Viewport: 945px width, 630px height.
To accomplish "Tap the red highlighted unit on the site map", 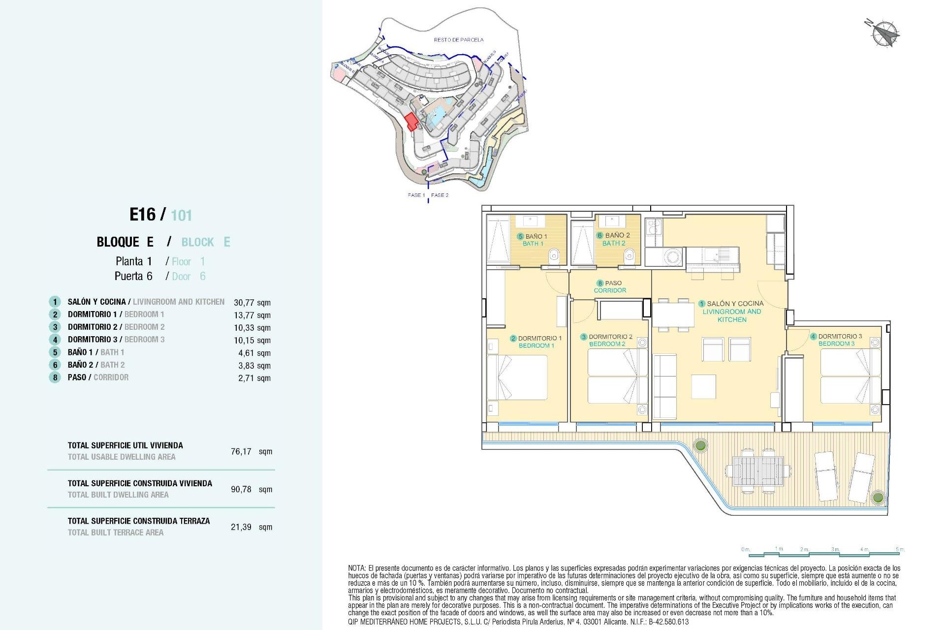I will (x=411, y=121).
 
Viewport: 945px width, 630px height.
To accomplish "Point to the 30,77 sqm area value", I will (x=252, y=303).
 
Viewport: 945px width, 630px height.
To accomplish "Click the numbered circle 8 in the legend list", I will (x=55, y=378).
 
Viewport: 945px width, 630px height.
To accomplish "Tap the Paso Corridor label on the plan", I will (x=610, y=286).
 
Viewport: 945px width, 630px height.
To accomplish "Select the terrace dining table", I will (x=757, y=471).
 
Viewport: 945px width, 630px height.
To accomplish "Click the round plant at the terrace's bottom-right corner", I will (x=878, y=497).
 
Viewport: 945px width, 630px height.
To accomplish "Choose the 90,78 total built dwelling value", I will (x=241, y=489).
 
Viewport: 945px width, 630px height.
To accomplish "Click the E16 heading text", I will (x=142, y=215).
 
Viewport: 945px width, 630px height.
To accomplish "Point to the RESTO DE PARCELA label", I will (x=458, y=40).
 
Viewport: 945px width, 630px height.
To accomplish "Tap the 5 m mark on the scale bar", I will (x=900, y=549).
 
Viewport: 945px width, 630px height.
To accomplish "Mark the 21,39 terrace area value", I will (x=241, y=527).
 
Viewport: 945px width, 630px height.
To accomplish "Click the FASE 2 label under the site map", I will (x=440, y=195).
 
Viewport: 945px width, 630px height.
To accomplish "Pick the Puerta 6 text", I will (x=133, y=276).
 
